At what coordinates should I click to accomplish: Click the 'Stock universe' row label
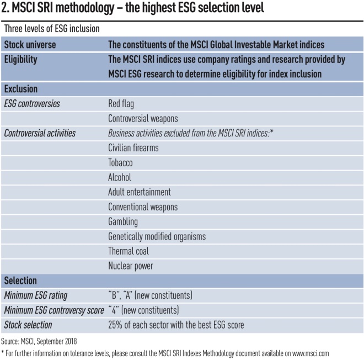coord(30,45)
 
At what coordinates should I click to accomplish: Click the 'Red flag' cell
coord(121,103)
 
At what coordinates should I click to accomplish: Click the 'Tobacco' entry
coord(121,163)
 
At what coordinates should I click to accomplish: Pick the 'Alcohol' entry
coord(120,177)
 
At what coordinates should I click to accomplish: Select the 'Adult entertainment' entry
coord(140,192)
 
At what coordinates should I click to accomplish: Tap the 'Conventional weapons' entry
coord(143,207)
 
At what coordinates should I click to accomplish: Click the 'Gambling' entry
coord(123,221)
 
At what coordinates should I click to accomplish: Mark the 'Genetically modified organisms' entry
coord(157,236)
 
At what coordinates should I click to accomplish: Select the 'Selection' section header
coord(20,280)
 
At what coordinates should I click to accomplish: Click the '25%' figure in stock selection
coord(117,325)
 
